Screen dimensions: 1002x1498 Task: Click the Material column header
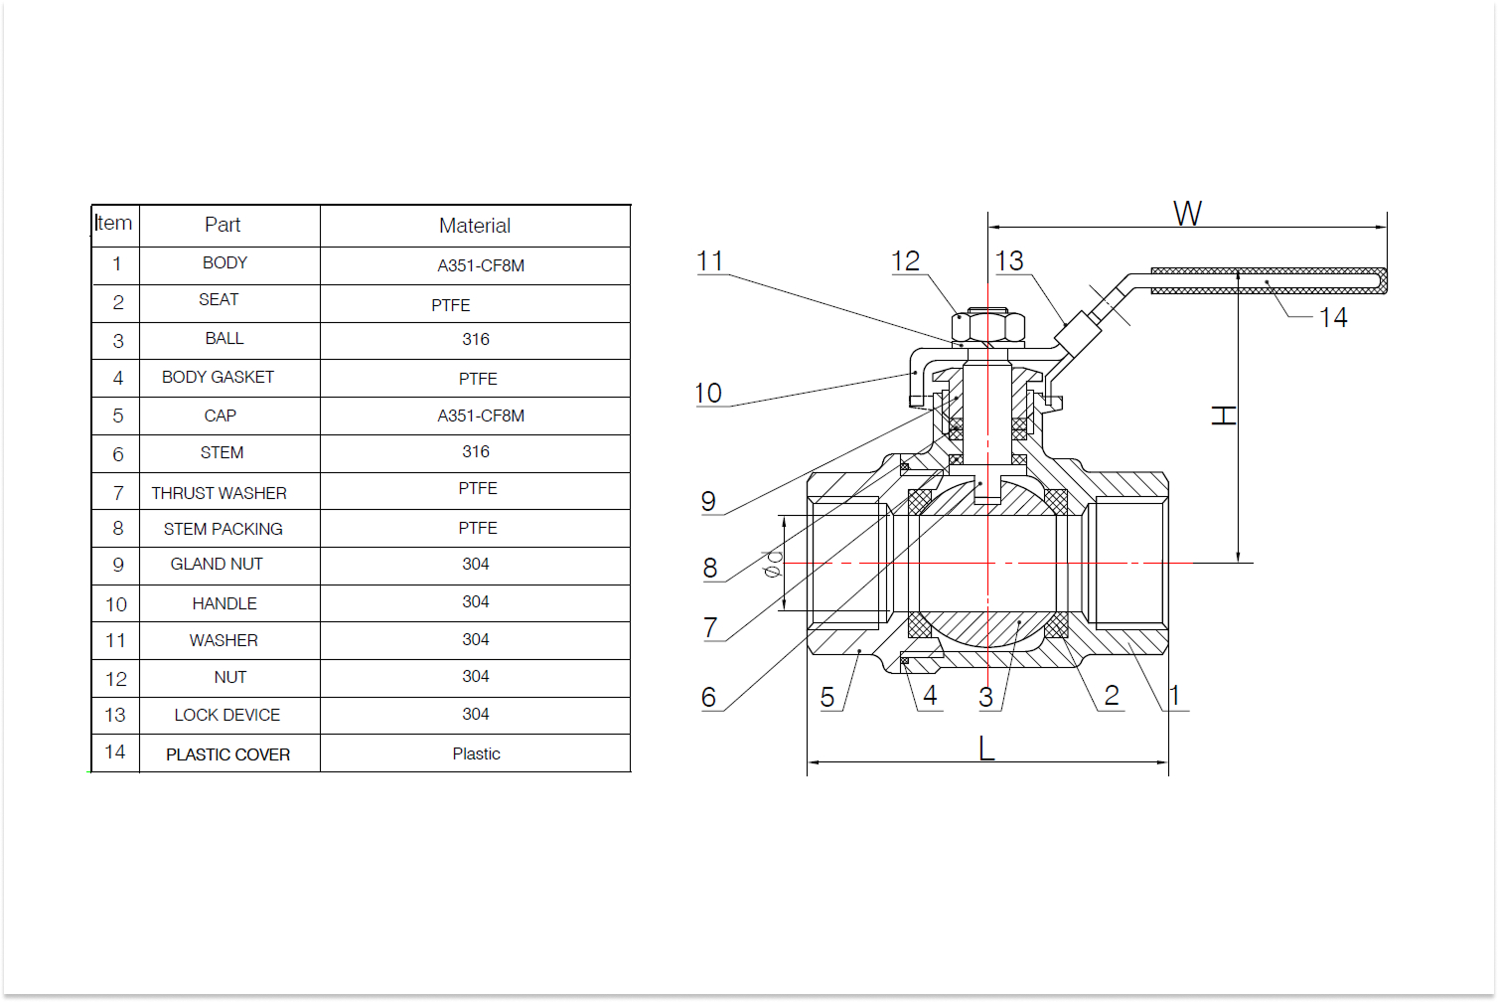point(475,226)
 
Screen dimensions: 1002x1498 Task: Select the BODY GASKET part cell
point(218,378)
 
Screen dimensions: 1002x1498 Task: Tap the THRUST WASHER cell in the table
point(219,493)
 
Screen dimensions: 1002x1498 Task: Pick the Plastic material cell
point(476,753)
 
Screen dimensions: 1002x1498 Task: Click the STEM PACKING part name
point(223,529)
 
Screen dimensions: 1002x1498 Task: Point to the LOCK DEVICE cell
point(226,715)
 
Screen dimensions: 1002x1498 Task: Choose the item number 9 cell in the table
point(117,566)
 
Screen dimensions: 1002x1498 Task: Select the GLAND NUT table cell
point(217,565)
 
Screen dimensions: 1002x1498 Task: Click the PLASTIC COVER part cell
point(227,754)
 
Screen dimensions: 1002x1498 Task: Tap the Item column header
point(113,224)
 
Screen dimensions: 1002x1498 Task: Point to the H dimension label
point(1224,415)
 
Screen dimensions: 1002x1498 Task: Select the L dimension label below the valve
point(985,748)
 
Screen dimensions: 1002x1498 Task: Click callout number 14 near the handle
point(1333,318)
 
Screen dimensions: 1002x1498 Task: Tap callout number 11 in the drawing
point(709,261)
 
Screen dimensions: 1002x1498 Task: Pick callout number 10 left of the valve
point(707,394)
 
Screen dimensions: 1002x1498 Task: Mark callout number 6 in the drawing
point(708,698)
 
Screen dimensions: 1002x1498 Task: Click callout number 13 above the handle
point(1009,261)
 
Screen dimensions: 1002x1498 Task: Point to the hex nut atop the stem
point(987,326)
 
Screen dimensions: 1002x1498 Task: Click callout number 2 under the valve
point(1112,696)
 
